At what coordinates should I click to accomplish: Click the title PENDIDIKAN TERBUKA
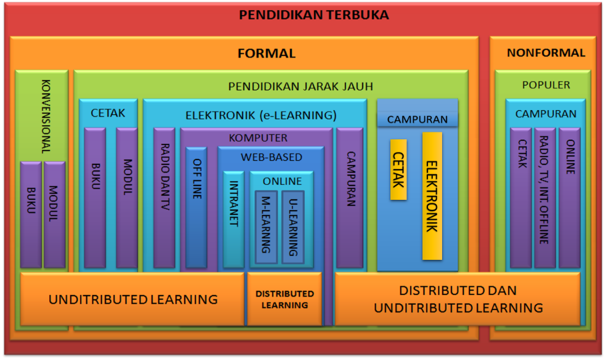pyautogui.click(x=314, y=15)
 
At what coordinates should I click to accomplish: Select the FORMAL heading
pyautogui.click(x=266, y=53)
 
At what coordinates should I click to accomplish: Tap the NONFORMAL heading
pyautogui.click(x=546, y=53)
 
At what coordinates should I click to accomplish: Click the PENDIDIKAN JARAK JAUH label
pyautogui.click(x=300, y=86)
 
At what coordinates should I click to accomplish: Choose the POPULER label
pyautogui.click(x=546, y=85)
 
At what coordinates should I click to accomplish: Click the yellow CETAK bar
pyautogui.click(x=398, y=170)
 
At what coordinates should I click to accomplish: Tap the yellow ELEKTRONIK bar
pyautogui.click(x=432, y=196)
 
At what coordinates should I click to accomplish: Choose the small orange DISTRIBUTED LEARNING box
pyautogui.click(x=284, y=299)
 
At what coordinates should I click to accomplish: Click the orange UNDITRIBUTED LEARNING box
pyautogui.click(x=133, y=299)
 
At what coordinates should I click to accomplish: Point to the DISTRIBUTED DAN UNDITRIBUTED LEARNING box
pyautogui.click(x=458, y=299)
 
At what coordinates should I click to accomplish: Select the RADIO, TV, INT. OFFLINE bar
pyautogui.click(x=544, y=198)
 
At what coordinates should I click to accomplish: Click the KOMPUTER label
pyautogui.click(x=258, y=138)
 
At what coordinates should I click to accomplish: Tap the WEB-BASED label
pyautogui.click(x=271, y=157)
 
